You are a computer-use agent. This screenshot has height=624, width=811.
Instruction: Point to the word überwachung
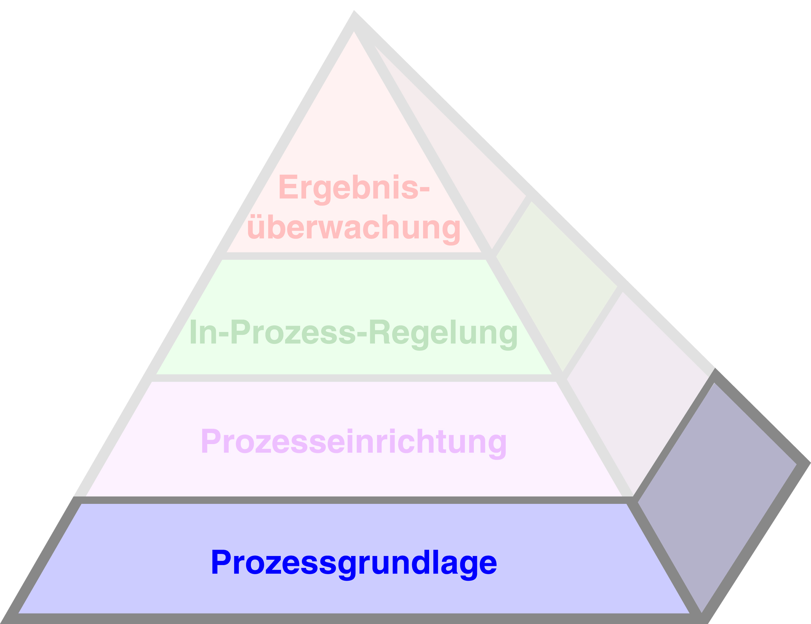pos(354,229)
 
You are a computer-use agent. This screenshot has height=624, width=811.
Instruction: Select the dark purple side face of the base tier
pos(717,497)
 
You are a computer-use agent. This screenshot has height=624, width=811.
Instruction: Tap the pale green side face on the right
pos(557,286)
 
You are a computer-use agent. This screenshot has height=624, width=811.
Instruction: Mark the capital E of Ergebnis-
pos(288,186)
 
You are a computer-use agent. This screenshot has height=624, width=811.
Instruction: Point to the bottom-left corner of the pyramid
pos(1,623)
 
